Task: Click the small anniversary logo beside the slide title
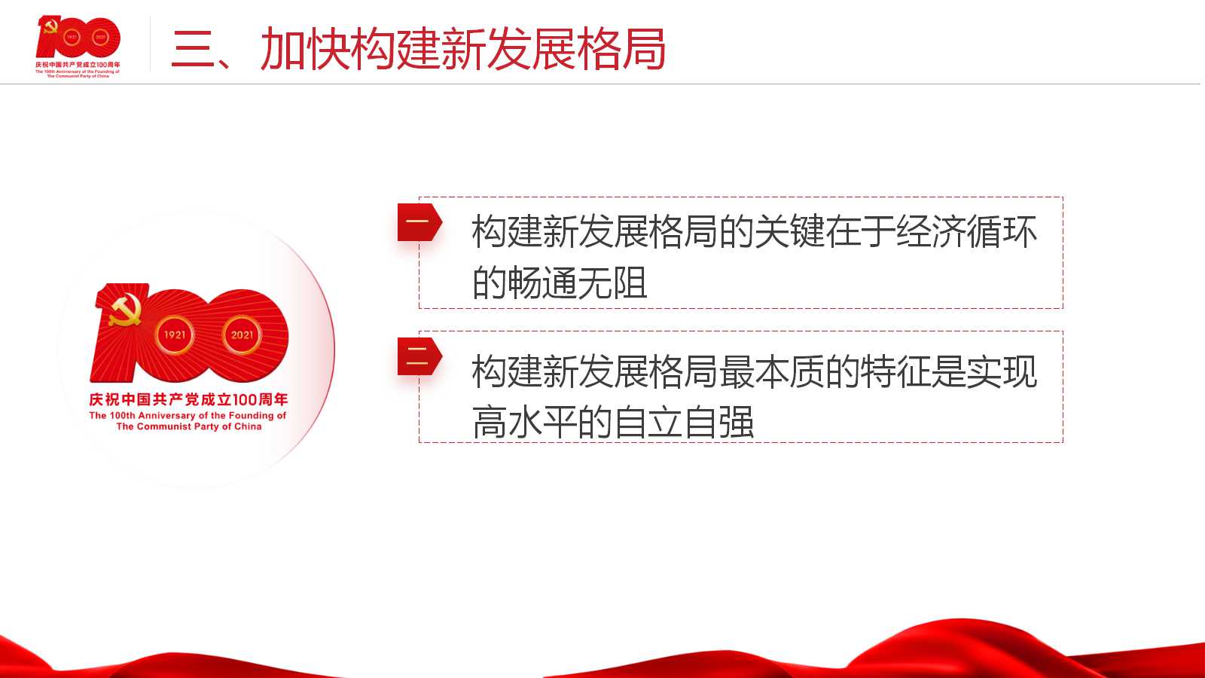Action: (78, 46)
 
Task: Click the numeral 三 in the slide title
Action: (193, 50)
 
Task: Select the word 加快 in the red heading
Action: (305, 49)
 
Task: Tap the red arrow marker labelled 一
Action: (419, 221)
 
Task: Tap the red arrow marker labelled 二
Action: (419, 356)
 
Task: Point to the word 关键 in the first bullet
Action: (789, 231)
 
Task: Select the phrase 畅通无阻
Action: (577, 282)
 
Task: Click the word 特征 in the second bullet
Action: (895, 371)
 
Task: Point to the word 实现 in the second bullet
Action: (1002, 371)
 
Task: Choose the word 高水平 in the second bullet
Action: (524, 422)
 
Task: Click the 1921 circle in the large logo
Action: (174, 334)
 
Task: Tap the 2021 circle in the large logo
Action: (242, 334)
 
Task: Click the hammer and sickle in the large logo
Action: (125, 310)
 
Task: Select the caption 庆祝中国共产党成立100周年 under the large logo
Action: (188, 399)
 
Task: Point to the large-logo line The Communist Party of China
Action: (189, 426)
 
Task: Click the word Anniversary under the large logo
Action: (166, 415)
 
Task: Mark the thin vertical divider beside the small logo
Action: (150, 44)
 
